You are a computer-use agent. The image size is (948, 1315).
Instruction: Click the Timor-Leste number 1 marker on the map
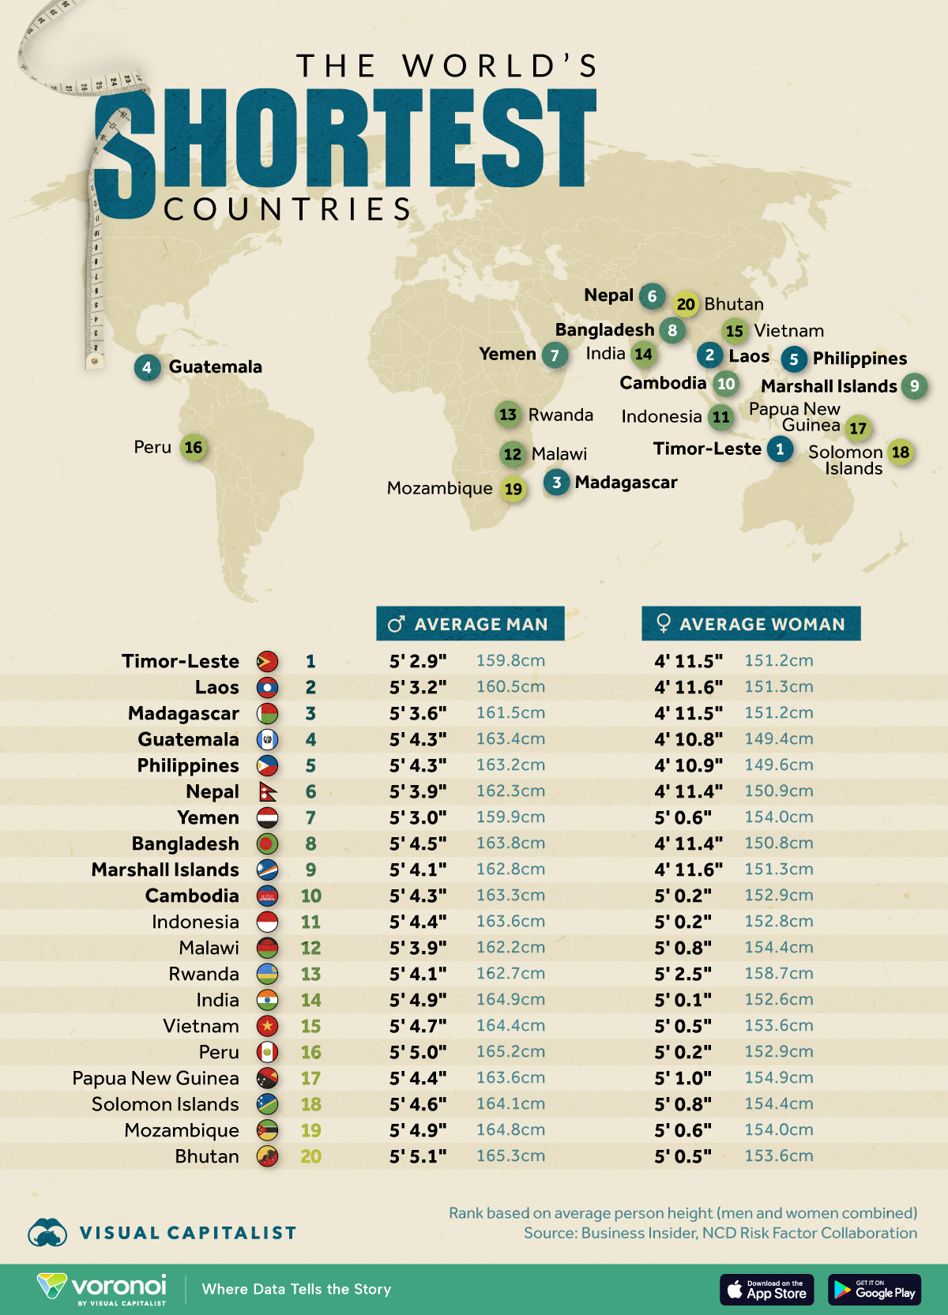point(780,449)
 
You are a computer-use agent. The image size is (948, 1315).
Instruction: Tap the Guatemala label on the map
point(215,366)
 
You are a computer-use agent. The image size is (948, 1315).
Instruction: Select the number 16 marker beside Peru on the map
point(194,448)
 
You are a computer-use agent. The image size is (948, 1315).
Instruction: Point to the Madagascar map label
point(626,483)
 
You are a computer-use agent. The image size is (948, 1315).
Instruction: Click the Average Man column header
point(470,624)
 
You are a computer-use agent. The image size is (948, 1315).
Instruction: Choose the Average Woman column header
point(750,624)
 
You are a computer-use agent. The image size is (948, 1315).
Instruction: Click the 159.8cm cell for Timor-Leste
point(510,660)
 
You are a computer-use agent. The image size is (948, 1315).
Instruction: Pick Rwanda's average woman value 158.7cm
point(778,973)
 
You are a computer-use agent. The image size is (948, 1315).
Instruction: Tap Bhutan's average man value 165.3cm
point(510,1155)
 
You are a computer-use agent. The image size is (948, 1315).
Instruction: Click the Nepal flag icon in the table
point(268,791)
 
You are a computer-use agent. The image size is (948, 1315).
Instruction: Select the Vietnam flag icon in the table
point(268,1026)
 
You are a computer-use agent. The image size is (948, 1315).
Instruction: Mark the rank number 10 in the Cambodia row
point(310,896)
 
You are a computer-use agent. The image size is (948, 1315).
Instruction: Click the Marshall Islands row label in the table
point(165,870)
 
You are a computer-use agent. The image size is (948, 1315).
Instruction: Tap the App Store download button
point(766,1290)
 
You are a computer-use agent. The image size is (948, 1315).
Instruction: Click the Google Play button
point(875,1290)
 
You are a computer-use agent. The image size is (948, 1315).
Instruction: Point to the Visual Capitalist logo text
point(187,1233)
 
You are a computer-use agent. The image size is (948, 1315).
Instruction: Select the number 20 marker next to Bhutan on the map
point(686,304)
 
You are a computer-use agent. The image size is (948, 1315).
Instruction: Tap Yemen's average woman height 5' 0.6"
point(683,817)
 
